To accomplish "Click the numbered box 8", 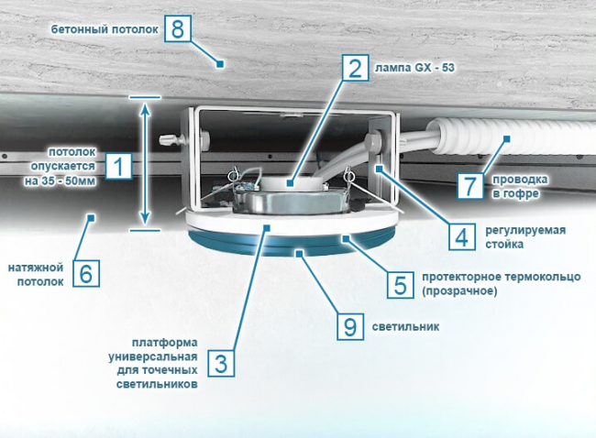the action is point(178,28).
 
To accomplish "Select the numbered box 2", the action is point(356,68).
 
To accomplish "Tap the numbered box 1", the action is point(119,166).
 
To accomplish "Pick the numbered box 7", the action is point(470,186).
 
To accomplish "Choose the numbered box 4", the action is point(462,236).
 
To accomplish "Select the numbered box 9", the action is point(350,326).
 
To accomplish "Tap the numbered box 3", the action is point(221,364).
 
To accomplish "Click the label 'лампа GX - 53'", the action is point(414,68).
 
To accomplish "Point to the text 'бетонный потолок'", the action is point(105,29).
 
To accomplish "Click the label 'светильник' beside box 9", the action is point(405,327).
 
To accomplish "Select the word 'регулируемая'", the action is point(525,230).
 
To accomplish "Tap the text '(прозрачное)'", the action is point(459,291).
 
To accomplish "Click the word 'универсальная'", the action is point(153,357).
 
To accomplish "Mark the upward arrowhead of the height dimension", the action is point(145,109).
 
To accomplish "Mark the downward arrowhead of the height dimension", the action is point(145,219).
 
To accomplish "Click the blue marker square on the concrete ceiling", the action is point(219,64).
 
